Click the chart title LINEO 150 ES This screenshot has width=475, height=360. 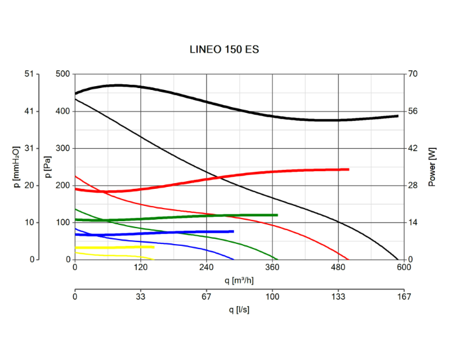(224, 49)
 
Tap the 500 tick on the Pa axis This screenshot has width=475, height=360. (63, 74)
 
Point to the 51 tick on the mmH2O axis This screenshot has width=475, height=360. (28, 74)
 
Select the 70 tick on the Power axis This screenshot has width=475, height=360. (413, 74)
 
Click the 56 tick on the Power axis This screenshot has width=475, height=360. (413, 112)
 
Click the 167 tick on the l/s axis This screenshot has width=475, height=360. (404, 297)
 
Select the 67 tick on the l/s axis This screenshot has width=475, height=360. (207, 297)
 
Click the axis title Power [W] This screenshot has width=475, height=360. (433, 167)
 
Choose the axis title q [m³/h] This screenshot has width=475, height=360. (239, 280)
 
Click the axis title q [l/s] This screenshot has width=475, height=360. (239, 309)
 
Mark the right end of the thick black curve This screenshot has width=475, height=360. (398, 116)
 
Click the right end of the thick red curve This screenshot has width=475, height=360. (348, 169)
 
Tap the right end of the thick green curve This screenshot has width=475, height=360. (277, 215)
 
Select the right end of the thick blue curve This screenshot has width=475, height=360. (233, 231)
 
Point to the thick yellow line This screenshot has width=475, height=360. (114, 247)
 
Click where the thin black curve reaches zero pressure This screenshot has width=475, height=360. (398, 259)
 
